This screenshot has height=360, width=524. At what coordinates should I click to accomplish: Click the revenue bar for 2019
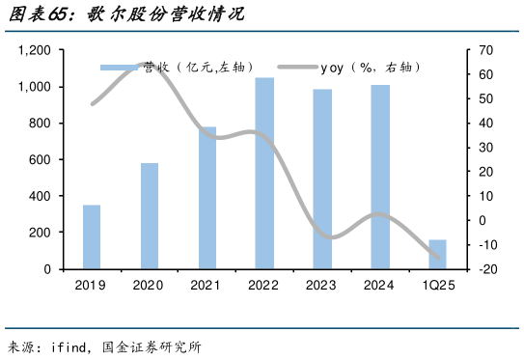point(92,237)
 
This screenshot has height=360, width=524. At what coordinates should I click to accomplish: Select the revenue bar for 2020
point(150,216)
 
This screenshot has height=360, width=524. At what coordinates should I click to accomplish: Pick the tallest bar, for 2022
point(264,174)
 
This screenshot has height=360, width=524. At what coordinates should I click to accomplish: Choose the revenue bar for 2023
point(322,180)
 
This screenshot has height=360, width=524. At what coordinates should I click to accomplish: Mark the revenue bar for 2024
point(380,178)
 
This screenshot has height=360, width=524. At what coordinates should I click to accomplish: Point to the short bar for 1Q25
point(437,255)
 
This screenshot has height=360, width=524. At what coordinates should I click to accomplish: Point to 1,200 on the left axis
point(34,50)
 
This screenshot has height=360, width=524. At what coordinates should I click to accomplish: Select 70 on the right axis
point(484,50)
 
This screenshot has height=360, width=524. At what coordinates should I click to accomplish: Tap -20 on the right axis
point(486,269)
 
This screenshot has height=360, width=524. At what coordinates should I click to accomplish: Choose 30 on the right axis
point(484,148)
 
